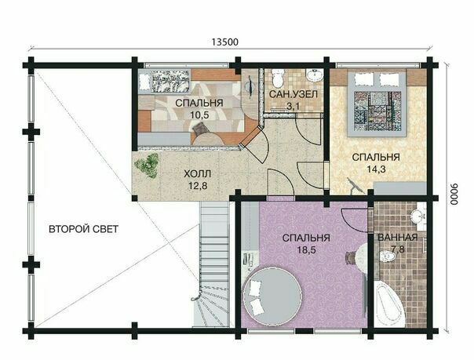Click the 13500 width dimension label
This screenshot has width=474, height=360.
tap(224, 42)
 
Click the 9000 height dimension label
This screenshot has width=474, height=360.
tap(454, 195)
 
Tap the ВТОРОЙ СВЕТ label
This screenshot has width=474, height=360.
tap(83, 229)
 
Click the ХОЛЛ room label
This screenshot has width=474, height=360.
tap(198, 174)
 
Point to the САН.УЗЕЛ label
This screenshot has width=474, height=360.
tap(294, 95)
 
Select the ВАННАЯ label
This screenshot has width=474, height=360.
tap(398, 237)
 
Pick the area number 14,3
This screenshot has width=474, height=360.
tap(376, 169)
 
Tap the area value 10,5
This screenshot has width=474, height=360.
tap(199, 115)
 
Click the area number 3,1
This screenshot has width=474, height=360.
tap(294, 107)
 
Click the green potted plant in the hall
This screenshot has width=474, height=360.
tap(147, 165)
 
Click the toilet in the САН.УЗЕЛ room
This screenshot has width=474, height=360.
tap(278, 78)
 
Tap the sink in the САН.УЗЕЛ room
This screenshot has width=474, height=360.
tap(314, 75)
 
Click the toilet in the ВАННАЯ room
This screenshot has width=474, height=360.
tap(387, 257)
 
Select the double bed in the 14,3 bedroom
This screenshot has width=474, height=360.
tap(377, 103)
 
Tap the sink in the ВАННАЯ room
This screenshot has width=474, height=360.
tap(418, 216)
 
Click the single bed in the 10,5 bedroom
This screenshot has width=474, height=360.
tap(166, 82)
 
